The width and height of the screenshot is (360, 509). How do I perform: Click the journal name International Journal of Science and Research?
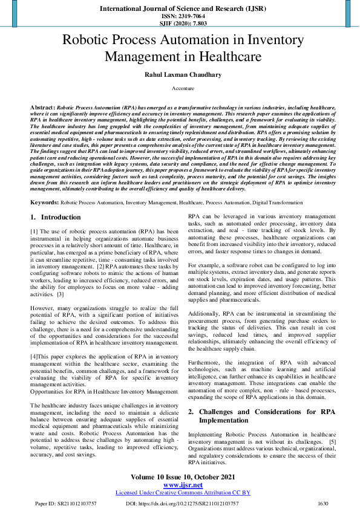click(x=180, y=9)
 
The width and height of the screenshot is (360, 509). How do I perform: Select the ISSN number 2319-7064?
click(x=180, y=16)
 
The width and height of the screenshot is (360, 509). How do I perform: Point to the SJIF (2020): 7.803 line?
click(x=180, y=23)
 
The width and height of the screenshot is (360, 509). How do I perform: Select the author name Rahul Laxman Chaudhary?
click(x=179, y=74)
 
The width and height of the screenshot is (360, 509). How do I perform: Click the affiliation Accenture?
click(x=179, y=88)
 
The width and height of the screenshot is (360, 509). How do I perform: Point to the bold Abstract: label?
click(x=42, y=106)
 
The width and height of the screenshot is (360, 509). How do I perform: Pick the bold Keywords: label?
click(x=44, y=202)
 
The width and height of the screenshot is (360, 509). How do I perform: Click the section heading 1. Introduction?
click(x=55, y=217)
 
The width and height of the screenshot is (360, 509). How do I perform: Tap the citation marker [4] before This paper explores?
click(x=34, y=357)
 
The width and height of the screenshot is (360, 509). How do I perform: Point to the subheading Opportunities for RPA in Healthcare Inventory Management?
click(x=104, y=392)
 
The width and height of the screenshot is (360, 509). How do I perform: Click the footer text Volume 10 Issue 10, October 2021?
click(x=180, y=477)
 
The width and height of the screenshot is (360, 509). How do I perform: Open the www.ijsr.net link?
click(x=180, y=485)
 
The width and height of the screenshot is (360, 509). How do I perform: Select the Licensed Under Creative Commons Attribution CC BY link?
click(x=180, y=493)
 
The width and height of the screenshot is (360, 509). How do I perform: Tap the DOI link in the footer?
click(x=182, y=503)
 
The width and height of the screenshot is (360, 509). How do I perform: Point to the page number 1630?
click(x=322, y=503)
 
